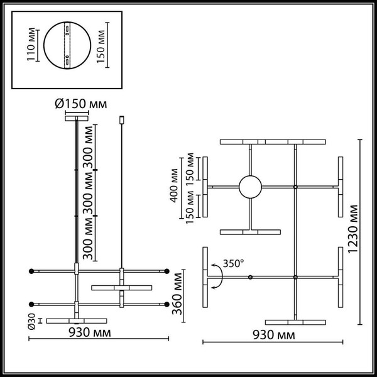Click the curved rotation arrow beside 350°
click(x=216, y=276)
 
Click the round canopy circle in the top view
click(x=250, y=187)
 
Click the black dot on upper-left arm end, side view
click(x=30, y=271)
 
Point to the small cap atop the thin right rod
click(x=121, y=119)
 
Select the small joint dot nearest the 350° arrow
click(x=250, y=277)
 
